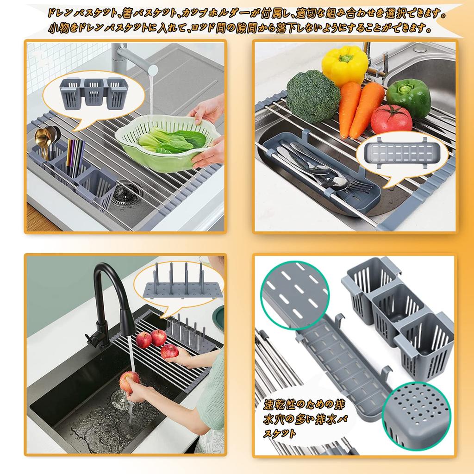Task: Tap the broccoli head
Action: point(313,96)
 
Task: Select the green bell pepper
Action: point(408,96)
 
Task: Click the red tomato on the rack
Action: point(391,119)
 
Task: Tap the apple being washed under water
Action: point(129,381)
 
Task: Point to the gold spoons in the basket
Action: point(45,139)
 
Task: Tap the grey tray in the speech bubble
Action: point(399,155)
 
